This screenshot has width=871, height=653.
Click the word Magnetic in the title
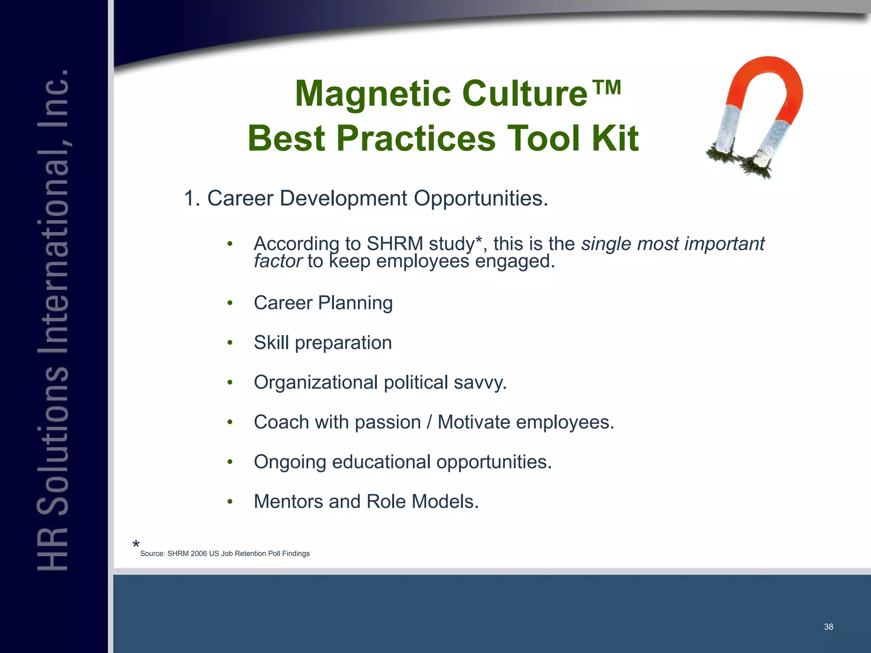[373, 94]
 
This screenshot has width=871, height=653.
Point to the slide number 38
[828, 627]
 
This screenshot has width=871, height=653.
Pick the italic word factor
[278, 261]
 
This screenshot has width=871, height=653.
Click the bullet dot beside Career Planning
[230, 303]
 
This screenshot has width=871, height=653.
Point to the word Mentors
[288, 502]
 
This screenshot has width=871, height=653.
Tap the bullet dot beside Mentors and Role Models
[230, 502]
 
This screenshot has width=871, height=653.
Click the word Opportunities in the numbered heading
[481, 199]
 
